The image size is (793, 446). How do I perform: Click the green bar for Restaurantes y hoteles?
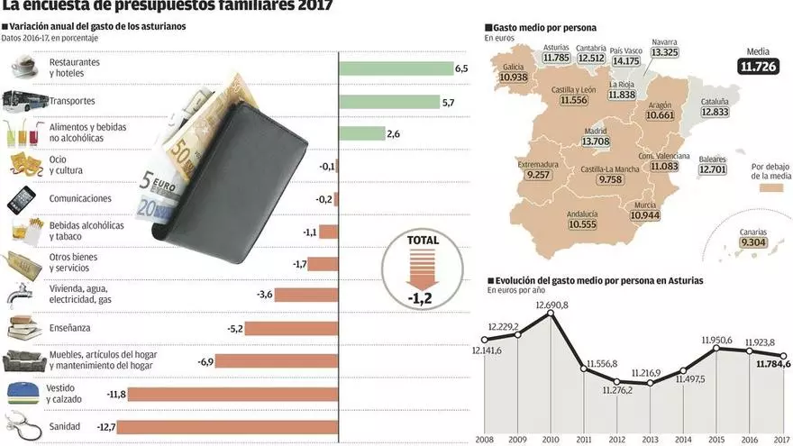pyautogui.click(x=396, y=68)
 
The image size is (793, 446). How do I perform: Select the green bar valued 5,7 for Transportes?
pyautogui.click(x=389, y=102)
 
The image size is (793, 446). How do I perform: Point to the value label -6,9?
pyautogui.click(x=205, y=361)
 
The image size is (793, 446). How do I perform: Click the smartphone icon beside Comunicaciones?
pyautogui.click(x=22, y=198)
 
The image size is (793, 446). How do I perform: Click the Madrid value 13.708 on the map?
pyautogui.click(x=597, y=141)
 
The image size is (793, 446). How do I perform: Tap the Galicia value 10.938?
pyautogui.click(x=513, y=77)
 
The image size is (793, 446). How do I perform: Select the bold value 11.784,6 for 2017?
pyautogui.click(x=761, y=364)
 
